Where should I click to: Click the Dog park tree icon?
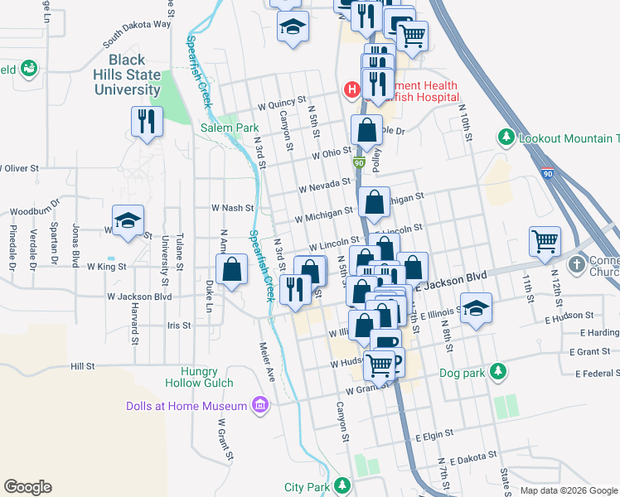[x=497, y=370]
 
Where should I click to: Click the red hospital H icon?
[x=351, y=88]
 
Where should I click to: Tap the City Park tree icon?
[x=341, y=486]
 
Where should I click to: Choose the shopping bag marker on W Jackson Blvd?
[x=231, y=268]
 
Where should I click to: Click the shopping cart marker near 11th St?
[x=545, y=241]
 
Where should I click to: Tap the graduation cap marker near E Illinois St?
[x=477, y=310]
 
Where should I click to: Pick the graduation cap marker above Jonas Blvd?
[x=128, y=220]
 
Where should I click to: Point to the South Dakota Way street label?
[x=137, y=35]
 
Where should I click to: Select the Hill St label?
[x=83, y=365]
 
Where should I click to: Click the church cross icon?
[x=577, y=265]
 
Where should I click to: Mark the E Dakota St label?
[x=475, y=458]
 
